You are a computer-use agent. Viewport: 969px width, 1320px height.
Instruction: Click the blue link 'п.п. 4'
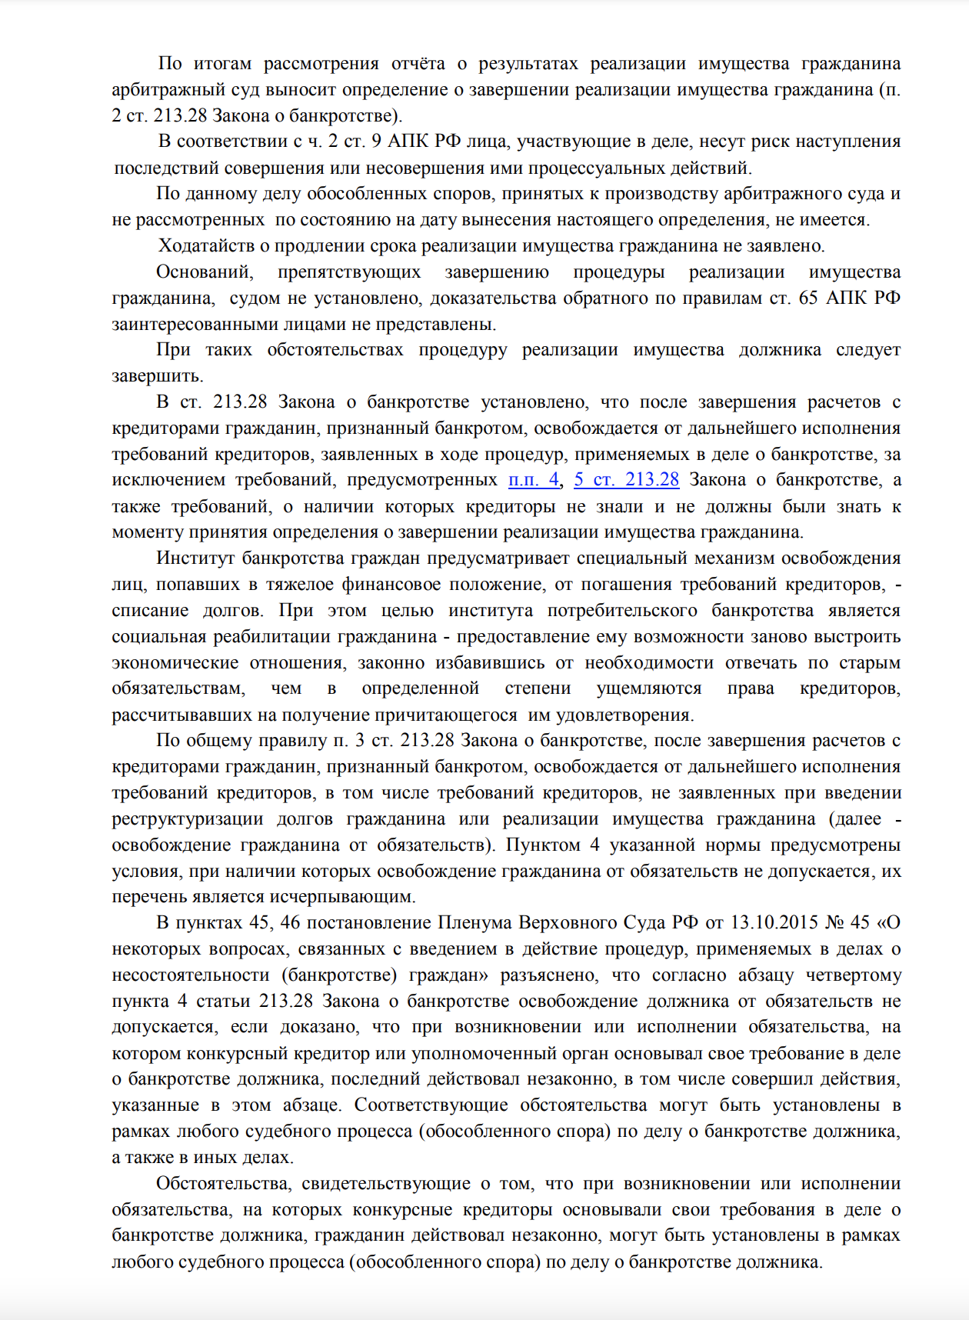point(533,480)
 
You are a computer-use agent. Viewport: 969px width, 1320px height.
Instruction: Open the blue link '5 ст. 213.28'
point(626,480)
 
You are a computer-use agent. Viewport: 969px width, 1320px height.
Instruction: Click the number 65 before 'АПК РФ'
point(808,298)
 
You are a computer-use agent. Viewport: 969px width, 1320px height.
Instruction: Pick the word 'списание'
point(150,610)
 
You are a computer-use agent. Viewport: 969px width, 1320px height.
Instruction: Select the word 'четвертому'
point(853,975)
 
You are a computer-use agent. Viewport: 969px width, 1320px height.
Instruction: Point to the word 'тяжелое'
point(298,584)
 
